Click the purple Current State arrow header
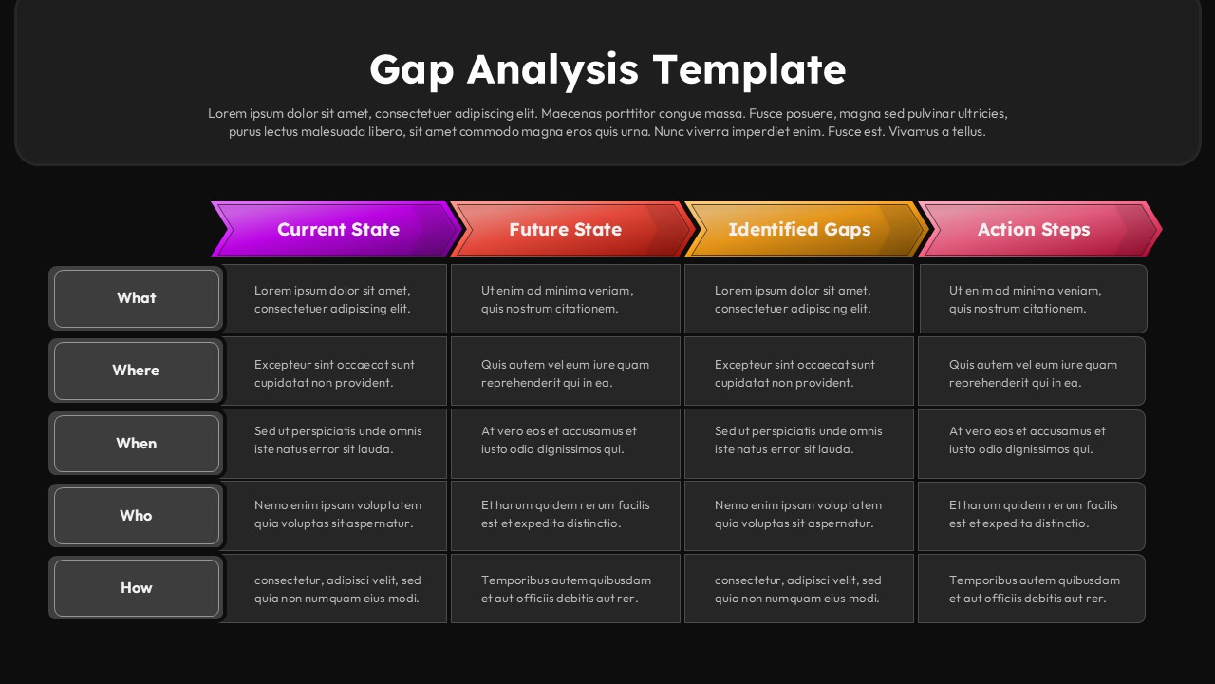[338, 229]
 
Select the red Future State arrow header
[566, 229]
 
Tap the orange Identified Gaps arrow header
[799, 229]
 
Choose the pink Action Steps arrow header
[1034, 229]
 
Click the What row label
[137, 298]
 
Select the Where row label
[137, 370]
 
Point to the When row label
[137, 444]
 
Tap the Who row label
[137, 516]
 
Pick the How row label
[137, 588]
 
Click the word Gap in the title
[412, 70]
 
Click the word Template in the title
[749, 70]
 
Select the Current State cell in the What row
[334, 299]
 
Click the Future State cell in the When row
[565, 444]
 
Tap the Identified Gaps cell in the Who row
[798, 516]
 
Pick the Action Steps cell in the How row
[1032, 589]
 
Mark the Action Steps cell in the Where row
[1032, 371]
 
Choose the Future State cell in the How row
[565, 589]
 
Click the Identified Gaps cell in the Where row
[798, 371]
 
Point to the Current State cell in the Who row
[334, 516]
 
